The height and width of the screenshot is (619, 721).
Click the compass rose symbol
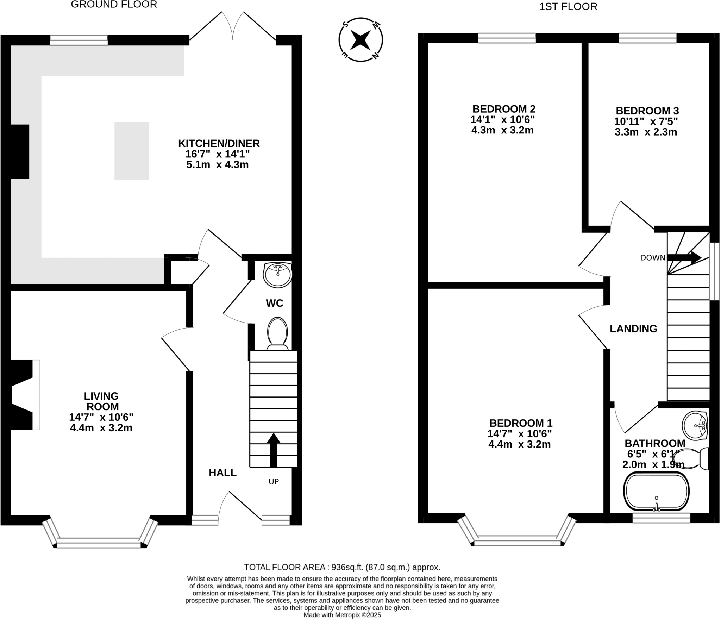[360, 40]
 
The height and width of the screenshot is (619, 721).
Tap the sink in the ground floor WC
[278, 275]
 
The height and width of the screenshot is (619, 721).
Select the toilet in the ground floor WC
[277, 333]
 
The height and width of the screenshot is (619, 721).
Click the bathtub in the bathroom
[656, 492]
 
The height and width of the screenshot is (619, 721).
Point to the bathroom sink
[695, 426]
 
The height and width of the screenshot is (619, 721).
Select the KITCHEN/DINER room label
[219, 143]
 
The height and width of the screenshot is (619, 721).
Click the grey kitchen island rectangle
[132, 151]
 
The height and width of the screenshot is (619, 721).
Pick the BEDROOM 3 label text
[647, 111]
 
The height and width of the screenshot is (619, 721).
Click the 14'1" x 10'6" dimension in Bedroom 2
[502, 119]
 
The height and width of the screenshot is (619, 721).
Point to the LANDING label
[633, 329]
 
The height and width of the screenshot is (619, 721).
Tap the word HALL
[222, 473]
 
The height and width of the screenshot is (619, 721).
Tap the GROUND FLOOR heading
[114, 5]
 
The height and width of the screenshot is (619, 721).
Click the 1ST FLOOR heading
[568, 7]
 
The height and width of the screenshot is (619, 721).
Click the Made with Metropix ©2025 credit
[342, 615]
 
